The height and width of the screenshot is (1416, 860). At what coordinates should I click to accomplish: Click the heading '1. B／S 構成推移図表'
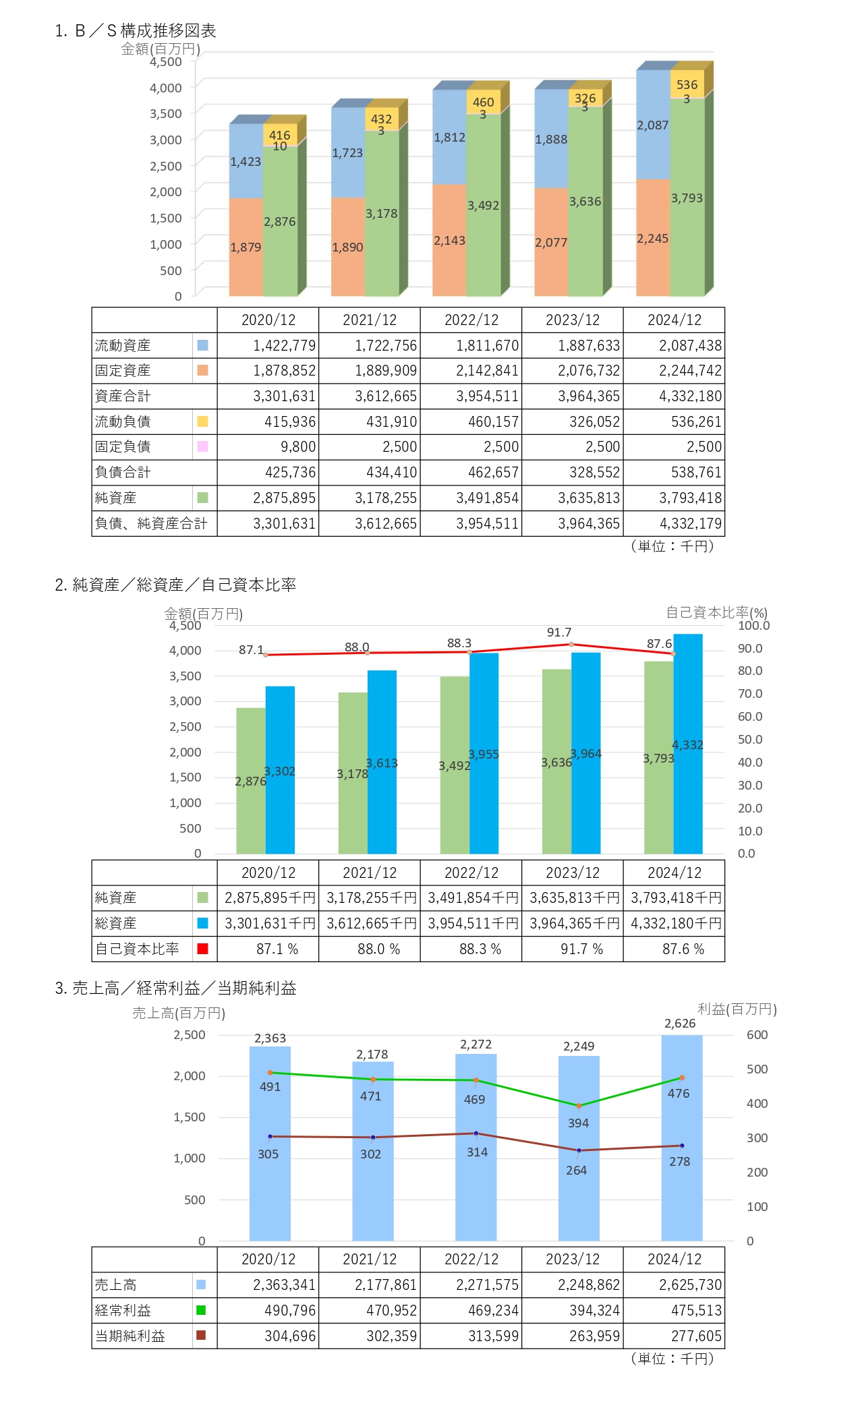click(x=136, y=31)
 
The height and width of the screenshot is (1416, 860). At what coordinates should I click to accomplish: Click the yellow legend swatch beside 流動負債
click(x=202, y=422)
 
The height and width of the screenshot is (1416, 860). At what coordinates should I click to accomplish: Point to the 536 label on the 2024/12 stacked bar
click(x=687, y=84)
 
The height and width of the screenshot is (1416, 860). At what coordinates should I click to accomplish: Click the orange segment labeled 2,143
click(x=449, y=241)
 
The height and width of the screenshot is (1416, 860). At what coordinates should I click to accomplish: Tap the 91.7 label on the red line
click(x=559, y=632)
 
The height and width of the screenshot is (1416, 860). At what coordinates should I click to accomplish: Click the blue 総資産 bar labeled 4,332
click(x=688, y=744)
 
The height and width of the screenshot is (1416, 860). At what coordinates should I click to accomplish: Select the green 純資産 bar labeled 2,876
click(x=250, y=781)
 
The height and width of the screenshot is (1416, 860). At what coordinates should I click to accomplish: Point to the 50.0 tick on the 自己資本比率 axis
click(x=749, y=740)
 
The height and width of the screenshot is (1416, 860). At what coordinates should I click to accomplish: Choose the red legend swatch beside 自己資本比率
click(x=202, y=949)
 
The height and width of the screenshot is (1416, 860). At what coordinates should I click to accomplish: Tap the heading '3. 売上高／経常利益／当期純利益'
click(x=176, y=989)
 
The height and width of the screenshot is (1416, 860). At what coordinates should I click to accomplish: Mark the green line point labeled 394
click(x=579, y=1107)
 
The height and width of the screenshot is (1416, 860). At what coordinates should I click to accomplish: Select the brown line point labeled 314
click(x=476, y=1133)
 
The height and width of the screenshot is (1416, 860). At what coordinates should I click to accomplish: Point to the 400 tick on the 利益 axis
click(x=757, y=1104)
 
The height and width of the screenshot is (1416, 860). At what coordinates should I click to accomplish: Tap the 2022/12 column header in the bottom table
click(x=471, y=1260)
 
